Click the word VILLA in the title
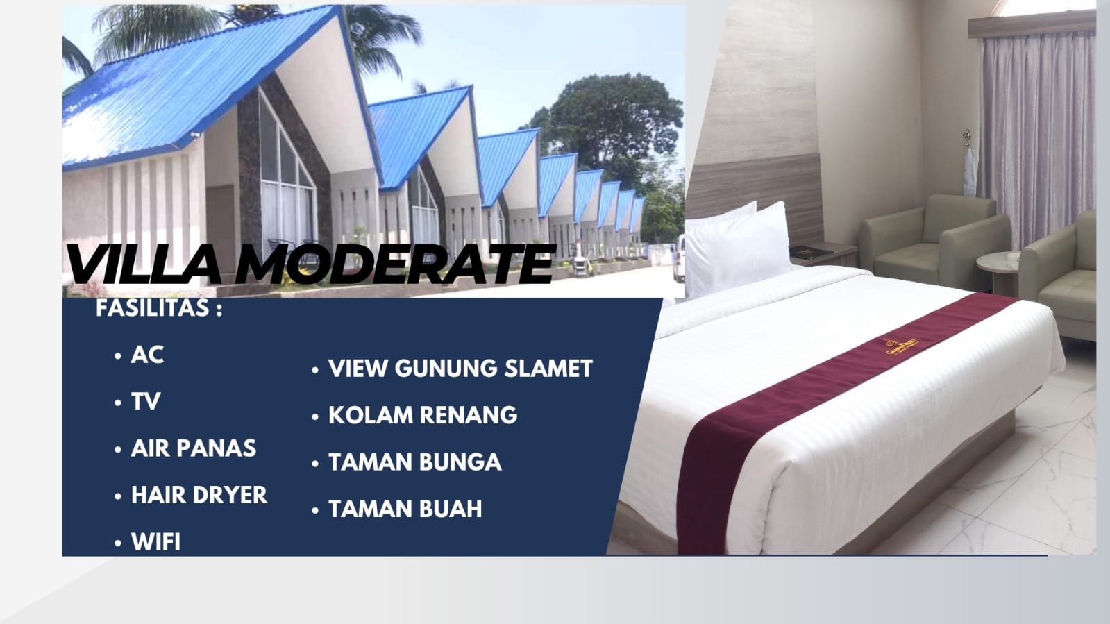pyautogui.click(x=144, y=264)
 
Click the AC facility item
pyautogui.click(x=147, y=355)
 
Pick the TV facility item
pyautogui.click(x=146, y=401)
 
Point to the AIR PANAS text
pyautogui.click(x=193, y=448)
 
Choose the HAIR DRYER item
pyautogui.click(x=199, y=495)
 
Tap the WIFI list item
pyautogui.click(x=155, y=541)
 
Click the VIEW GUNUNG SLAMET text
pyautogui.click(x=460, y=369)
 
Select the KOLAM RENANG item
pyautogui.click(x=423, y=415)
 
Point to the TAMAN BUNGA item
pyautogui.click(x=414, y=462)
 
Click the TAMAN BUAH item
pyautogui.click(x=405, y=509)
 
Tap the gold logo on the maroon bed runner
pyautogui.click(x=901, y=346)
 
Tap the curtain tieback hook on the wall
pyautogui.click(x=967, y=138)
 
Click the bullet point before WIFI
pyautogui.click(x=117, y=543)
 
